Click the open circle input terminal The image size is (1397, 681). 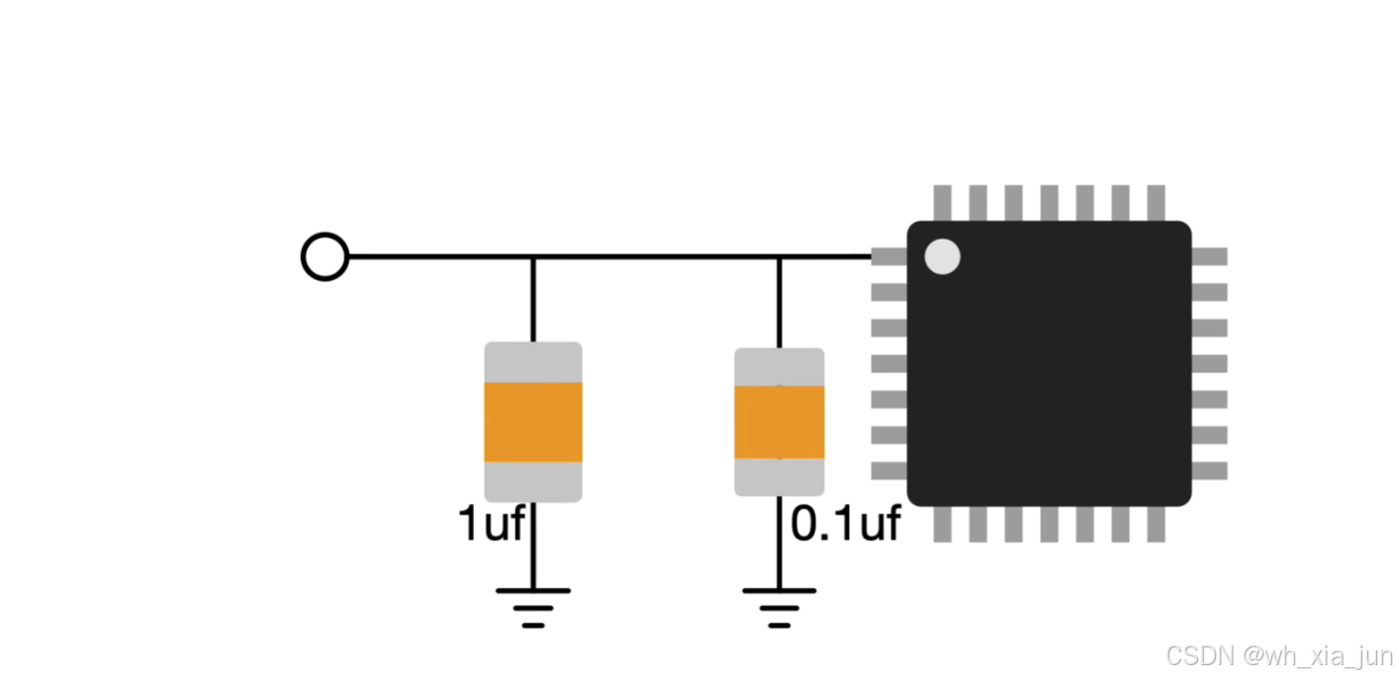coord(325,257)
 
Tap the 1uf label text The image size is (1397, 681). coord(491,524)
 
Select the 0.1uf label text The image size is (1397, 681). coord(846,524)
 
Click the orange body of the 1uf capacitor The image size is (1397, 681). coord(532,422)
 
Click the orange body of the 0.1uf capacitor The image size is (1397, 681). coord(779,422)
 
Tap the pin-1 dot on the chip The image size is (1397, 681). coord(942,256)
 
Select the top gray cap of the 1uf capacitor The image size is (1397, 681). coord(532,362)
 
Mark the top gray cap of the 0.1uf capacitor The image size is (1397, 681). coord(779,367)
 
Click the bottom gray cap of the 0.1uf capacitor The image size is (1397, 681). coord(779,476)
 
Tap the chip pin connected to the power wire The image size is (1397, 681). coord(889,256)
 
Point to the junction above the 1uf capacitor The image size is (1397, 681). coord(532,257)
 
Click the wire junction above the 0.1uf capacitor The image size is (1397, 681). coord(779,257)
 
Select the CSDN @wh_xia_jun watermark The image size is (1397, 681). coord(1278,655)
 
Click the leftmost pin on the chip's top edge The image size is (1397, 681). coord(942,203)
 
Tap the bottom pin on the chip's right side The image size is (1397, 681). coord(1209,470)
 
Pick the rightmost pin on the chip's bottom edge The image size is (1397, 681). coord(1156,525)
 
